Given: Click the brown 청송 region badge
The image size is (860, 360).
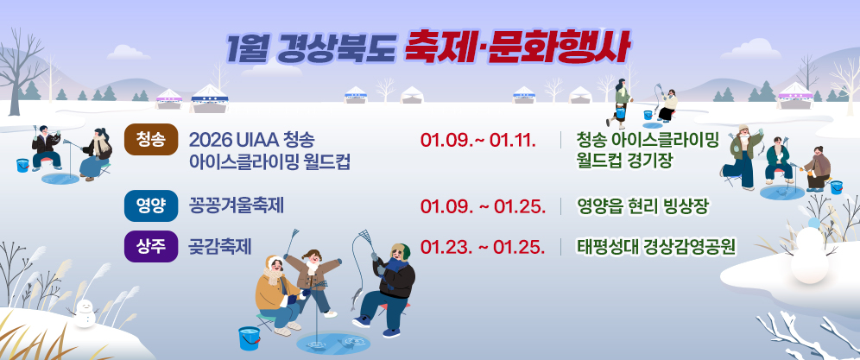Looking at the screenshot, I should (151, 140).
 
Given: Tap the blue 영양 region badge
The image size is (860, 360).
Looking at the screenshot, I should (151, 205).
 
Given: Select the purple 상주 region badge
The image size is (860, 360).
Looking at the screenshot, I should (151, 245).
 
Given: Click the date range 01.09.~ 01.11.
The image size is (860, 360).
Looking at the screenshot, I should (478, 141).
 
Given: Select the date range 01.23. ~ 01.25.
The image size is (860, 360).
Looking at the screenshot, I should (482, 246).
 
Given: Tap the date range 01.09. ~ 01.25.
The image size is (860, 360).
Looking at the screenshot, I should (482, 206).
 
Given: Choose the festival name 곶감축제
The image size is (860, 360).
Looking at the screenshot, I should (220, 246).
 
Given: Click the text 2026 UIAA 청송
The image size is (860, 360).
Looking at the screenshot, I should (251, 140).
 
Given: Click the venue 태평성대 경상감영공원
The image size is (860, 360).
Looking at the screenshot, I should (656, 246).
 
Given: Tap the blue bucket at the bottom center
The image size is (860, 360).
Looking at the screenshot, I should (249, 337).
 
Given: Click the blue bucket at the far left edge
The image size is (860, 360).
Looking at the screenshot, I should (22, 165).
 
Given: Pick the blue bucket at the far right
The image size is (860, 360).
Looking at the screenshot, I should (836, 186).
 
